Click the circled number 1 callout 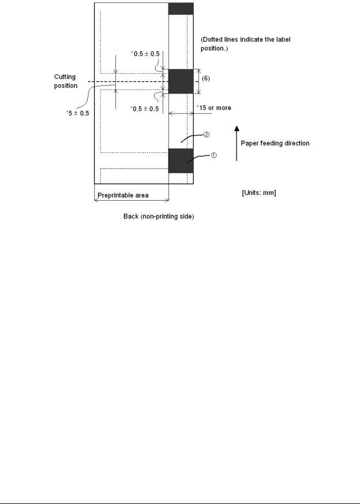click(x=213, y=155)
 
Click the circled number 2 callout click(x=206, y=135)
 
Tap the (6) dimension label click(x=206, y=78)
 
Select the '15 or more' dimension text click(x=214, y=108)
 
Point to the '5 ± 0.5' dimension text click(x=77, y=113)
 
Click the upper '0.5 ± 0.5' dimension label click(x=145, y=54)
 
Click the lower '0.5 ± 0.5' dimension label click(x=145, y=109)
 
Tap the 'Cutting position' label click(x=66, y=81)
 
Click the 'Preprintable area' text click(x=123, y=195)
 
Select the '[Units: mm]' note click(x=259, y=193)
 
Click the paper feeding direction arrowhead click(x=237, y=129)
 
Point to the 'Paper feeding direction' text click(x=275, y=144)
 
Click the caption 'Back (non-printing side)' click(x=159, y=217)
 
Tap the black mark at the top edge click(x=181, y=9)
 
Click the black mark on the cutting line click(x=181, y=81)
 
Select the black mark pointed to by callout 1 click(x=181, y=161)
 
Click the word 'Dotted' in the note click(x=212, y=40)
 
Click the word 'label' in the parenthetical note click(x=283, y=40)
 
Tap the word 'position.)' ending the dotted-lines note click(x=214, y=48)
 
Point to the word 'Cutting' click(x=65, y=77)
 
